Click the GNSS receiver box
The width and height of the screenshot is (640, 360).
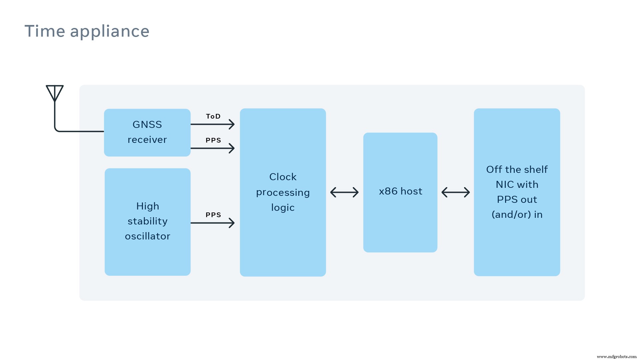tap(147, 132)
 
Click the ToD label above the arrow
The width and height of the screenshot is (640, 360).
tap(213, 116)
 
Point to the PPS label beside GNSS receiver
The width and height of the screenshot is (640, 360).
tap(213, 140)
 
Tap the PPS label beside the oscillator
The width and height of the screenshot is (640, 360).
tap(213, 215)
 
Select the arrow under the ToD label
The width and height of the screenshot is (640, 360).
tap(213, 124)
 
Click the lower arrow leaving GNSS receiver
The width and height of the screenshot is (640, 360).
tap(213, 148)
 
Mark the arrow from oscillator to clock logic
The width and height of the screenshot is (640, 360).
tap(213, 223)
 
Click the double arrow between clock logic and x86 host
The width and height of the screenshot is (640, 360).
tap(344, 192)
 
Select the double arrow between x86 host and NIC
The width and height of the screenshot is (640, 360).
tap(455, 192)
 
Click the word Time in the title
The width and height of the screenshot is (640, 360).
tap(45, 31)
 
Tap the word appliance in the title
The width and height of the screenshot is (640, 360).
tap(110, 32)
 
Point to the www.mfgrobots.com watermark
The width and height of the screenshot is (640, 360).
tap(616, 356)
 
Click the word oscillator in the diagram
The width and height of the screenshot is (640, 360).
tap(147, 236)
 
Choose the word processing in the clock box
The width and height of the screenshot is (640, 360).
tap(283, 193)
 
